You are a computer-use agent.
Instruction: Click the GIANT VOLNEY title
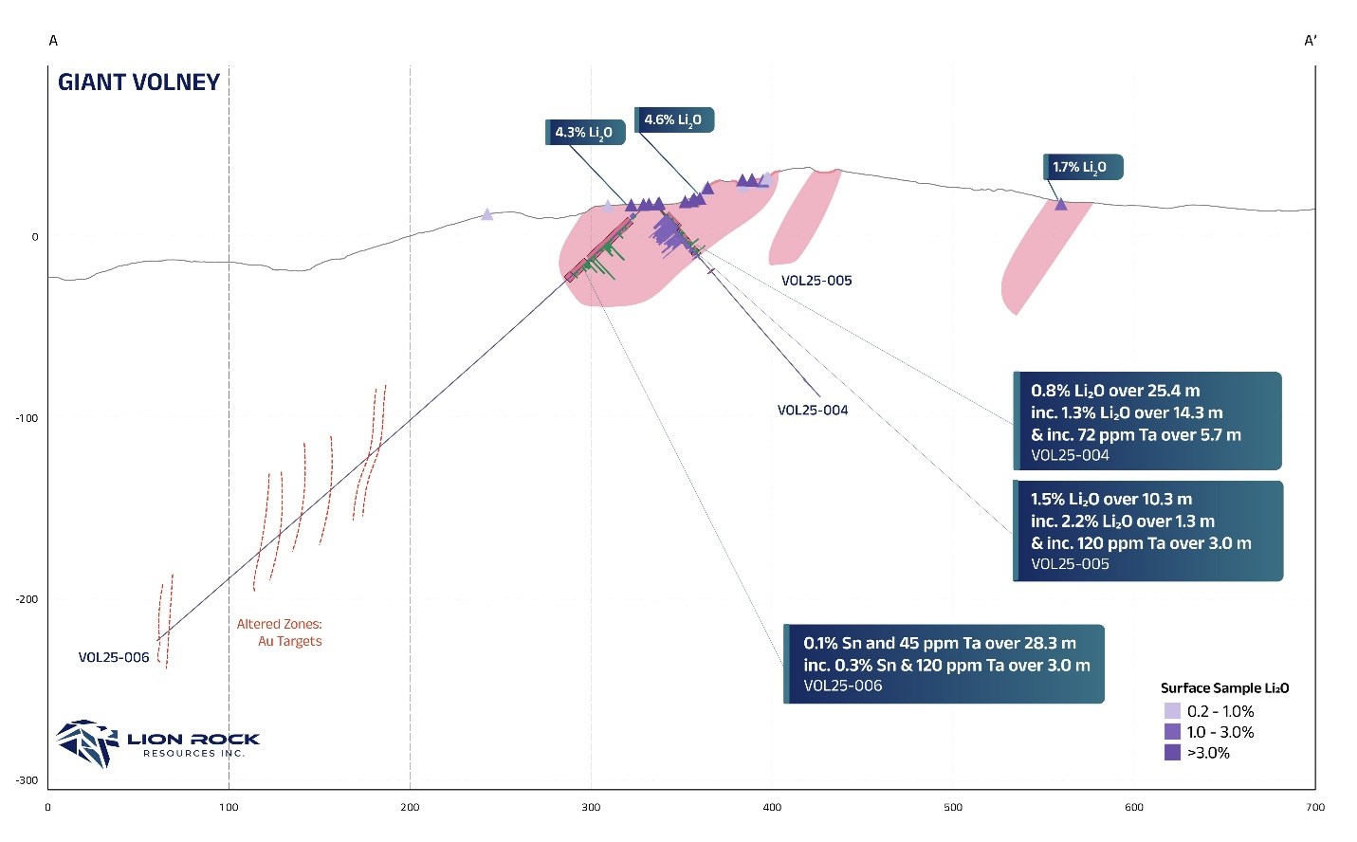(138, 82)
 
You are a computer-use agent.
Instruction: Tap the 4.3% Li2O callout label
(585, 133)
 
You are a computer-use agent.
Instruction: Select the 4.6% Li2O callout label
(673, 120)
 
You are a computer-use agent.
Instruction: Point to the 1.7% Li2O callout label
(1081, 168)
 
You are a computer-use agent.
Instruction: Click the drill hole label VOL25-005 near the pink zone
(816, 281)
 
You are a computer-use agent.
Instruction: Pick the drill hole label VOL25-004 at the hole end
(813, 411)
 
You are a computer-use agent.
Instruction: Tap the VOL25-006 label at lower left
(114, 658)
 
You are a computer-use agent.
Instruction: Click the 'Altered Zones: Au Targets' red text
(280, 632)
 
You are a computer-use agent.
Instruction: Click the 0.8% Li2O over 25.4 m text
(1115, 391)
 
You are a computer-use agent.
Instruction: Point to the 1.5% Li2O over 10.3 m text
(1111, 500)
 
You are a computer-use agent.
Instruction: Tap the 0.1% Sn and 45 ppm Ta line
(939, 643)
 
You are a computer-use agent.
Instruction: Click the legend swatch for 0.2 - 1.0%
(1172, 711)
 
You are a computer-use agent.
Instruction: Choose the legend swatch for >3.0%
(1172, 753)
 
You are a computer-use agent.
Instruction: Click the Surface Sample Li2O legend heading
(1224, 688)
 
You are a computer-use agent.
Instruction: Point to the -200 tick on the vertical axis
(27, 599)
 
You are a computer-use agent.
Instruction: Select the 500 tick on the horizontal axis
(953, 808)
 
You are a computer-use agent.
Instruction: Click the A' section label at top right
(1311, 41)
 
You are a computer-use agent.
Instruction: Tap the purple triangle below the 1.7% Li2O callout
(1061, 204)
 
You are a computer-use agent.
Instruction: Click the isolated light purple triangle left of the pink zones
(487, 214)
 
